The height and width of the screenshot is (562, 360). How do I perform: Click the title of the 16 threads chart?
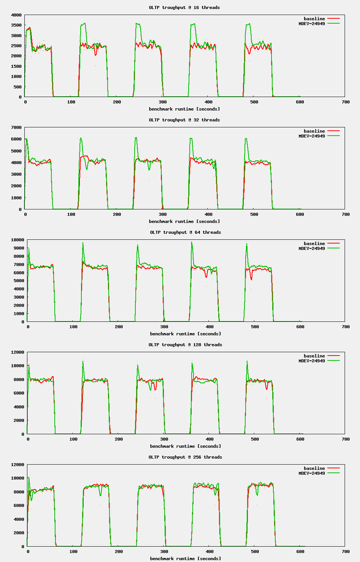[x=184, y=7]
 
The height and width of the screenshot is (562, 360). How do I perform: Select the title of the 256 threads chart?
[x=185, y=457]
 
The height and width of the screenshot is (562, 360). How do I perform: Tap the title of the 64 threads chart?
[x=185, y=232]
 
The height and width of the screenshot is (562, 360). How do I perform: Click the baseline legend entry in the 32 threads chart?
[x=314, y=131]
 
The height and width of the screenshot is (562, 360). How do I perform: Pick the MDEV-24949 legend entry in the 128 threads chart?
[x=312, y=361]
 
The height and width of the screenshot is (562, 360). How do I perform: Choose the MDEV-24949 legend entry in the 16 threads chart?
[x=312, y=24]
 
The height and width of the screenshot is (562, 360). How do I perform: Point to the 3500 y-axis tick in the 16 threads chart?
[x=16, y=25]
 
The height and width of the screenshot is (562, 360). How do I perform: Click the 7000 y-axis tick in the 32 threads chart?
[x=16, y=127]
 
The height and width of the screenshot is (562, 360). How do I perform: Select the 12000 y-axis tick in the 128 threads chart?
[x=18, y=352]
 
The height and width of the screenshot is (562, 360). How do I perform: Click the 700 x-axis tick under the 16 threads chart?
[x=346, y=102]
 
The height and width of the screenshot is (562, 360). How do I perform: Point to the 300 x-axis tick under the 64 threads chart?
[x=164, y=327]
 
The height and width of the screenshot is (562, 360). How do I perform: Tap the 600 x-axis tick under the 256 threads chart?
[x=300, y=552]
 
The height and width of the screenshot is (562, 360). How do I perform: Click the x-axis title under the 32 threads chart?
[x=184, y=221]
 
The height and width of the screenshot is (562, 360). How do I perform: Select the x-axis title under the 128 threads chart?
[x=185, y=446]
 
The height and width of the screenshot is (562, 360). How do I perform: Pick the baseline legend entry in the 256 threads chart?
[x=314, y=468]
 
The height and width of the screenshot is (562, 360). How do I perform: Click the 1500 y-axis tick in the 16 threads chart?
[x=16, y=66]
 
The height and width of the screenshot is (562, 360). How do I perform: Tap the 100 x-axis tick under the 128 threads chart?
[x=73, y=439]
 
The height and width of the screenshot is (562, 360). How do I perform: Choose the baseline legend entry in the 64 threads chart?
[x=314, y=244]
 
